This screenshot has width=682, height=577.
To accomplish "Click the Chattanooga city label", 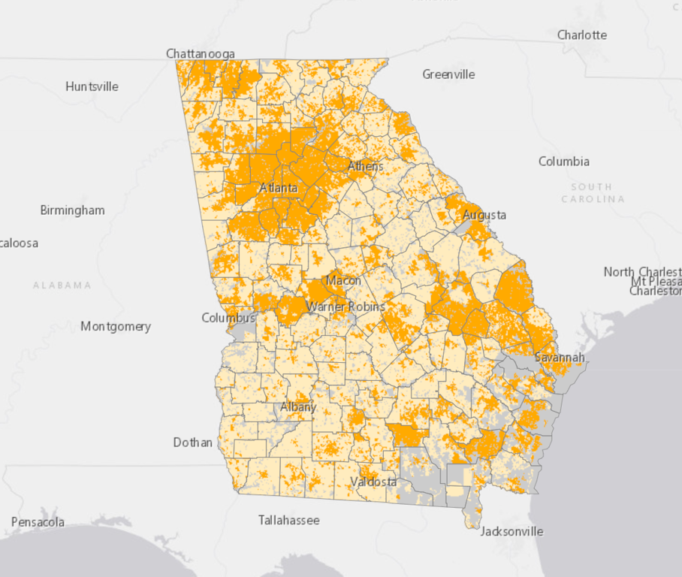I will [201, 53].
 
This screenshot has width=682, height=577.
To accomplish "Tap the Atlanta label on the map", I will [279, 188].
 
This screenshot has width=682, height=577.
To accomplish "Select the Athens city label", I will [365, 166].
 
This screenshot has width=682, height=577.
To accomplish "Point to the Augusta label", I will [484, 215].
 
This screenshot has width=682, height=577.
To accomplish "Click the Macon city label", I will [343, 281].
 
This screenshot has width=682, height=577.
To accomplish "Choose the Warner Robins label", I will [346, 307].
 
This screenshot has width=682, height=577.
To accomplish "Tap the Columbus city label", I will [228, 318].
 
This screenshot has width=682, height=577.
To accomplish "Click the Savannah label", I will [560, 358].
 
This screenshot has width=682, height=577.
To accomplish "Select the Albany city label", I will [298, 407].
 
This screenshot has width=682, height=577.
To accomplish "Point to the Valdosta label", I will [374, 482].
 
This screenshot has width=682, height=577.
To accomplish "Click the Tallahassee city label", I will [288, 520].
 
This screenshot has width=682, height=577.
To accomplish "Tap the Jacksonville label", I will [511, 531].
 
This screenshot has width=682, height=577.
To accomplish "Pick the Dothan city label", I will [193, 443].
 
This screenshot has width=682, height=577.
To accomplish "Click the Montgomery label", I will [116, 326].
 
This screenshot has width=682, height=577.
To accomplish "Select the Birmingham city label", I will [72, 210].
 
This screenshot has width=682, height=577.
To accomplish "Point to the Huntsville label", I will [92, 86].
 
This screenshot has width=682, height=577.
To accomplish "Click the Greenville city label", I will [448, 74].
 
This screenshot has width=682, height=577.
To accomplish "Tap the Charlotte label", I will [582, 35].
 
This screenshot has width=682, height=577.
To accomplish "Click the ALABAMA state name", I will [62, 285].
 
